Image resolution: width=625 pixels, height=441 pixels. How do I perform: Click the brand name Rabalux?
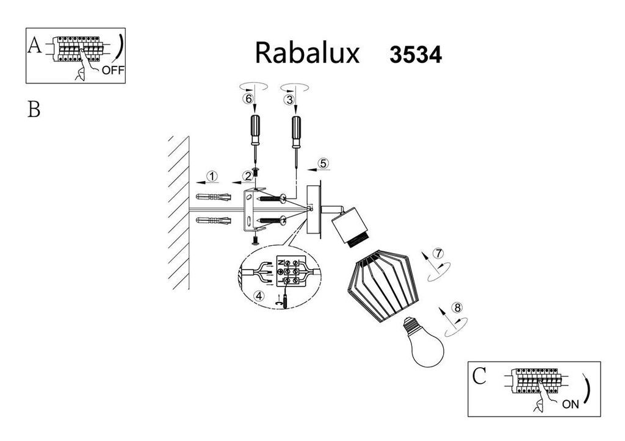click(x=307, y=52)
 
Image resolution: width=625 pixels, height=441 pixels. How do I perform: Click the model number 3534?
click(x=416, y=54)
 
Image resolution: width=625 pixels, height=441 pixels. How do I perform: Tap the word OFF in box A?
click(x=113, y=71)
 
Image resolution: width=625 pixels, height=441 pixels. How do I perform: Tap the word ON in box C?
click(x=571, y=404)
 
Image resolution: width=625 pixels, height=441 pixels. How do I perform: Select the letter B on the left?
click(x=34, y=109)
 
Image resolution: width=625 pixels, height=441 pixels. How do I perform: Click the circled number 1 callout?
click(x=212, y=176)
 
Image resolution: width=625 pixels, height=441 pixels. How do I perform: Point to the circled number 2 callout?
click(x=248, y=176)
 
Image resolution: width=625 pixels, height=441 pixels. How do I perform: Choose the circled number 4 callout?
click(x=259, y=296)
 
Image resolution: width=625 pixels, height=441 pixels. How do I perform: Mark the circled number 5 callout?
click(x=323, y=163)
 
